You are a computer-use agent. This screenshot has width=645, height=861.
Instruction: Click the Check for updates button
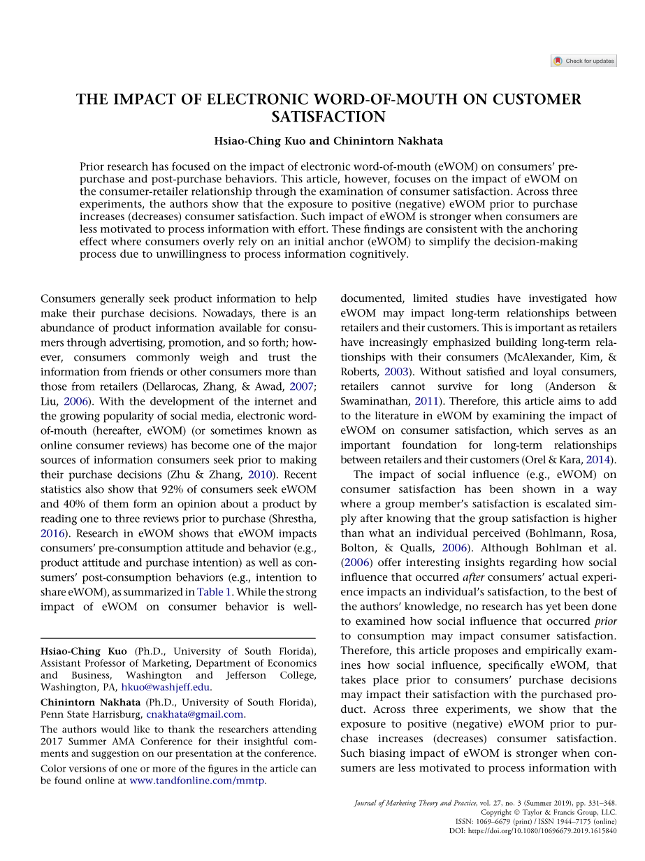pyautogui.click(x=584, y=61)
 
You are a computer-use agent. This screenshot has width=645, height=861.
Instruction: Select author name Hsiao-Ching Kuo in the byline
pyautogui.click(x=260, y=140)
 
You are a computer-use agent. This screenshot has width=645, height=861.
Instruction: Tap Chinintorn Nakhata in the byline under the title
pyautogui.click(x=388, y=140)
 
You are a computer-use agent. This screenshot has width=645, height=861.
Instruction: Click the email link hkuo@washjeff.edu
pyautogui.click(x=171, y=687)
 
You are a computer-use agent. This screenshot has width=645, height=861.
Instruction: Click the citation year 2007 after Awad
pyautogui.click(x=302, y=387)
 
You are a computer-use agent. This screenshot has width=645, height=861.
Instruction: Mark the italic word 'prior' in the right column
pyautogui.click(x=605, y=621)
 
